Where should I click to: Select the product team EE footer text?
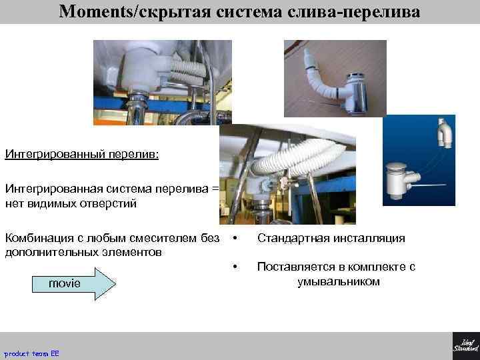coord(31,353)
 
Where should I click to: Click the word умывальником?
coord(338,281)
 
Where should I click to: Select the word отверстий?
coord(108,203)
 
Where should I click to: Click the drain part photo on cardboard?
coord(335,78)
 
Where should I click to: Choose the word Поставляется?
coord(293,267)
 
